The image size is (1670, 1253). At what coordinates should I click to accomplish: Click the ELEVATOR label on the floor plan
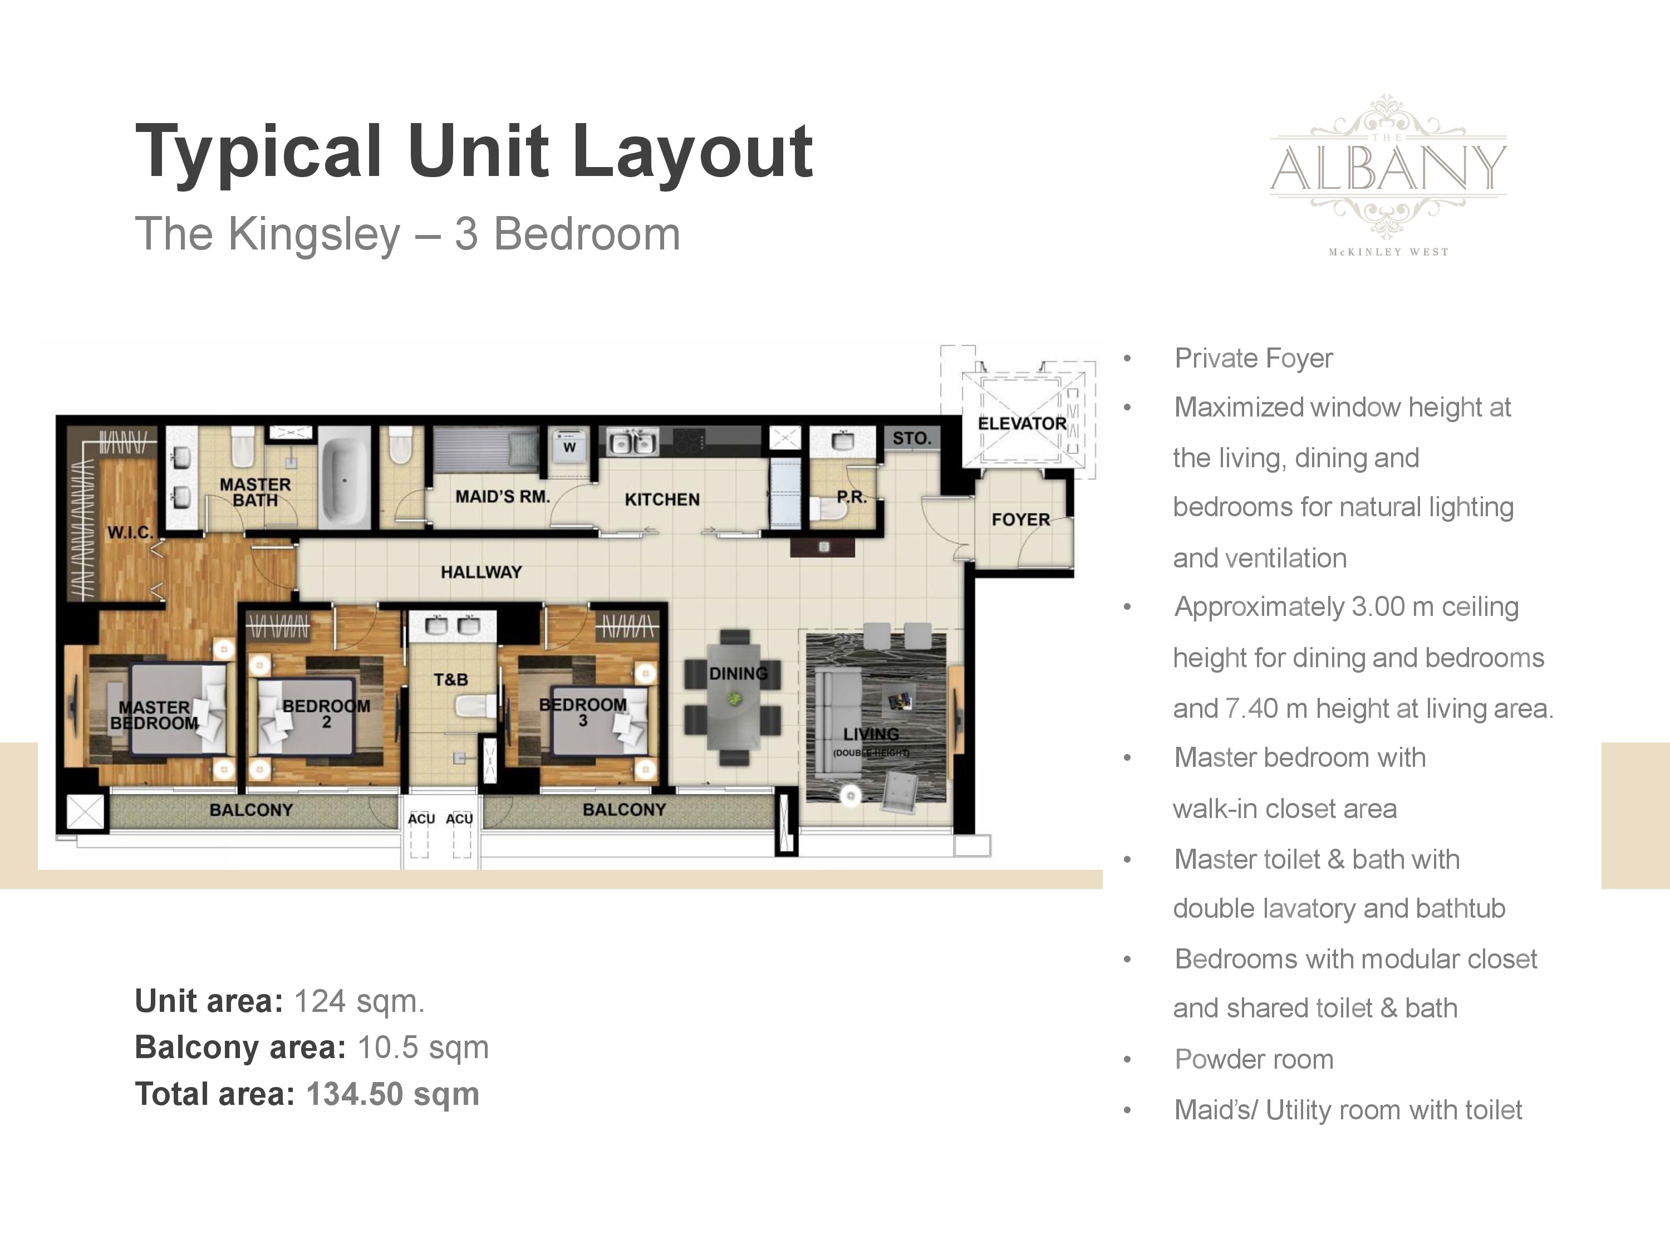point(1022,424)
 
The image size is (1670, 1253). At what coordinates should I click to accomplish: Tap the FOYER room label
point(1021,520)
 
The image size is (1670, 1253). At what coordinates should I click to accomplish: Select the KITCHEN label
point(662,499)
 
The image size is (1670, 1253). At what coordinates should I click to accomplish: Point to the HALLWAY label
point(481,572)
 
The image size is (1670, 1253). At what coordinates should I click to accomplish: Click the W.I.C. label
point(130,532)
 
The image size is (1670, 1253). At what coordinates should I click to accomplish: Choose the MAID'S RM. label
point(502,496)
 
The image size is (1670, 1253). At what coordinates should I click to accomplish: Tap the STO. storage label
point(912,438)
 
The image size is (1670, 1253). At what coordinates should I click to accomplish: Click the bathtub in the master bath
point(343,479)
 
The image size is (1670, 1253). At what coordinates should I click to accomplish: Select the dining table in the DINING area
point(734,696)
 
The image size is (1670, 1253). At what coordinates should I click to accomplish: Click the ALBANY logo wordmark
point(1388,167)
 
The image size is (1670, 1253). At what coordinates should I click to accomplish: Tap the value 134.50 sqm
point(392,1094)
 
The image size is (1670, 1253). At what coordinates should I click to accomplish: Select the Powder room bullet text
point(1254,1059)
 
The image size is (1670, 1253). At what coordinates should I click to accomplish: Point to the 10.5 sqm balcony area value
point(423,1048)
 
